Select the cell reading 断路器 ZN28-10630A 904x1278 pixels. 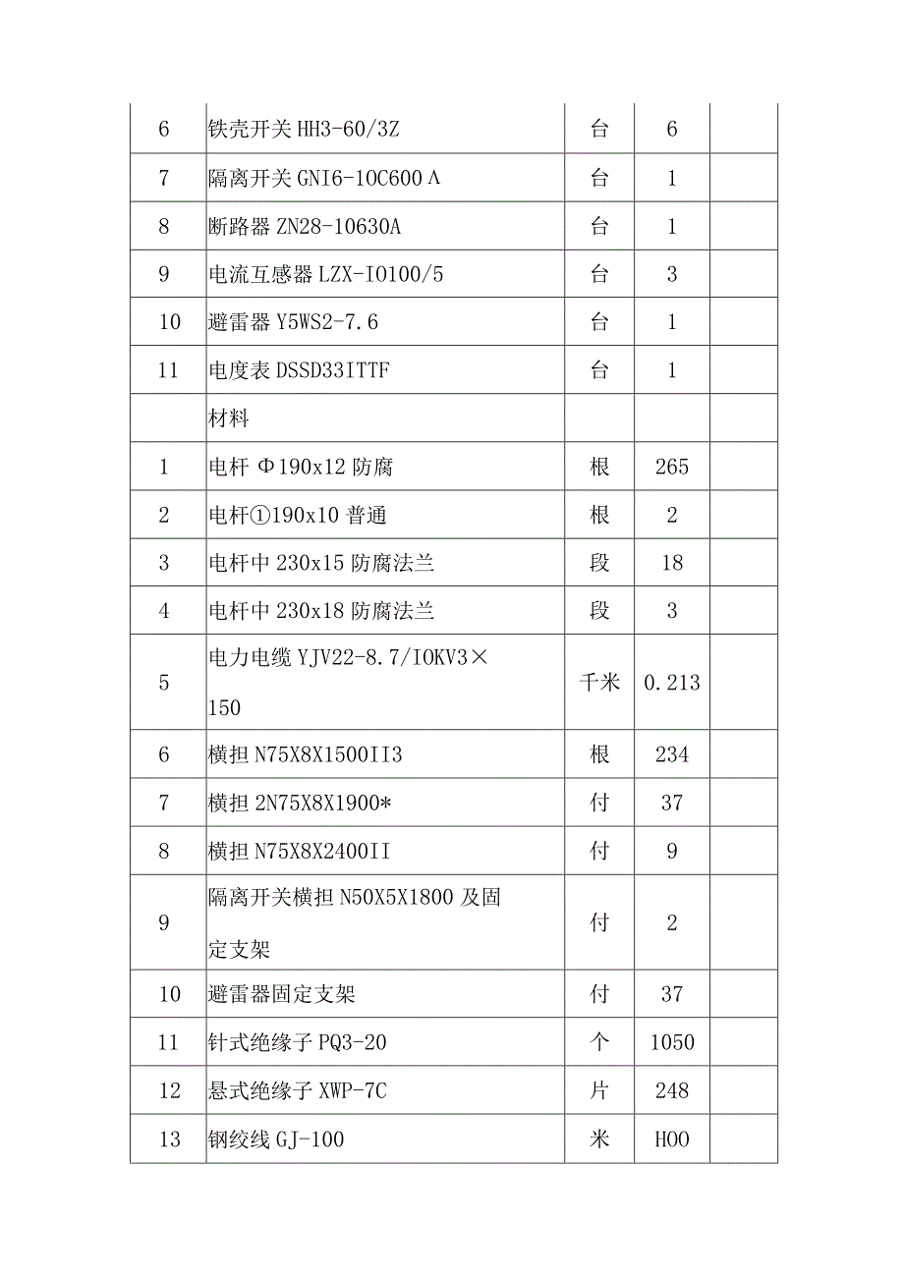305,226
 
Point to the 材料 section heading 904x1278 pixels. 229,418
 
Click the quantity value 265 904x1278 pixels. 672,467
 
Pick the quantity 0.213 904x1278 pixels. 672,683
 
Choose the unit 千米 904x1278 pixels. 599,683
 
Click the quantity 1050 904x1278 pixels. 672,1042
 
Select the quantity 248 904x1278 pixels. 672,1090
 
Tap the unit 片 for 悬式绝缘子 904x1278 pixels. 599,1090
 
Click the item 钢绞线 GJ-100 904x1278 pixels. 276,1139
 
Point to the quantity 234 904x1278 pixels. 672,754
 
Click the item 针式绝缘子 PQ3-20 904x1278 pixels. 298,1042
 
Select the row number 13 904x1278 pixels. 169,1139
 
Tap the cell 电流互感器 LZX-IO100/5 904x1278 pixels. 326,274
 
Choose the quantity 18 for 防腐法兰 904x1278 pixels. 672,563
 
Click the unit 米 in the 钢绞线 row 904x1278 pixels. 599,1139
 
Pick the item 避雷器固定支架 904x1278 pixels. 282,994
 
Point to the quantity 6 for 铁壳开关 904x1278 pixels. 672,130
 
